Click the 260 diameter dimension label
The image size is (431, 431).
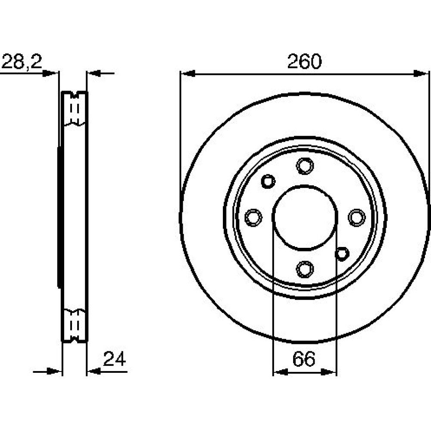tap(304, 61)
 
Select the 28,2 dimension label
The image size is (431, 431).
tap(22, 62)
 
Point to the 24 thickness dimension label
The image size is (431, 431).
tap(114, 359)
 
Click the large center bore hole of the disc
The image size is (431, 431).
tap(305, 217)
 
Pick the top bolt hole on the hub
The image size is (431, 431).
tap(305, 166)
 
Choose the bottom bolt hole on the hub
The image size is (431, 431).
tap(305, 269)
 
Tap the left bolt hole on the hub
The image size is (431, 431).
tap(253, 217)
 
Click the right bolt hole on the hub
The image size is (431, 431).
tap(356, 217)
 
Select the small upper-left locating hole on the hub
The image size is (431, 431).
tap(268, 181)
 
